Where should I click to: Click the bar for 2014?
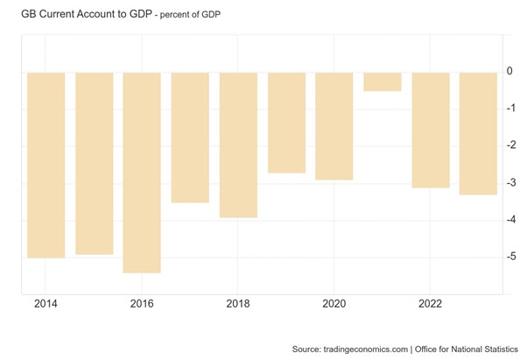46,165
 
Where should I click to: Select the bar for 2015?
94,163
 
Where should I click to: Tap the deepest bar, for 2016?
142,173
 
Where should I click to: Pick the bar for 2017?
190,138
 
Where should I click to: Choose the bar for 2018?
238,145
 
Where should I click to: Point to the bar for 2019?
286,123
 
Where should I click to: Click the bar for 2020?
334,126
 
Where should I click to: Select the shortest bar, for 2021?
382,81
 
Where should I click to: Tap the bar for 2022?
430,130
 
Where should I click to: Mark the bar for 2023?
478,133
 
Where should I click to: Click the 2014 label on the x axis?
46,304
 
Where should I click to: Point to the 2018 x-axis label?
238,304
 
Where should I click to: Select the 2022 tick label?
430,304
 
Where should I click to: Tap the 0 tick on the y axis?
509,72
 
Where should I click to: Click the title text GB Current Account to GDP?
80,15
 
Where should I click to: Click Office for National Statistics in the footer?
467,349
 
